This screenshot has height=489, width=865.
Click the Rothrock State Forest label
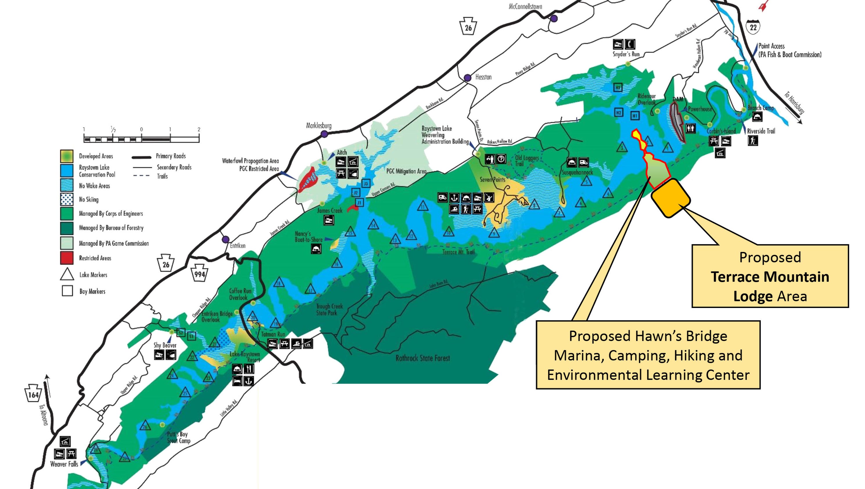pyautogui.click(x=422, y=358)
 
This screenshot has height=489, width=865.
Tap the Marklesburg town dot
pyautogui.click(x=324, y=134)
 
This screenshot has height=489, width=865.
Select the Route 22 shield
pyautogui.click(x=753, y=26)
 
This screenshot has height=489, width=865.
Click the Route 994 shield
pyautogui.click(x=200, y=274)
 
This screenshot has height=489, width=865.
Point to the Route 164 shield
pyautogui.click(x=33, y=394)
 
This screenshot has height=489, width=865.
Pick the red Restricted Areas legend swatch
pyautogui.click(x=67, y=258)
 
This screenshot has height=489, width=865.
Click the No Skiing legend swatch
pyautogui.click(x=67, y=199)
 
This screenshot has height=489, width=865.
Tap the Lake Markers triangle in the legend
pyautogui.click(x=67, y=274)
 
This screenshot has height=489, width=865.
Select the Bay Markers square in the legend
pyautogui.click(x=67, y=291)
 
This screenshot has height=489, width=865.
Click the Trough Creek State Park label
pyautogui.click(x=329, y=310)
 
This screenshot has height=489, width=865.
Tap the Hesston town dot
pyautogui.click(x=467, y=78)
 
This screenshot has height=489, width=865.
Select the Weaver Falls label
pyautogui.click(x=64, y=464)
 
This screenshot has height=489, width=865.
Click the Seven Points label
pyautogui.click(x=492, y=180)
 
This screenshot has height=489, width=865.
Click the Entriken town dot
pyautogui.click(x=226, y=239)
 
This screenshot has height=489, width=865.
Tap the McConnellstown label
pyautogui.click(x=525, y=6)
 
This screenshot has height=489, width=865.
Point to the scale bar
pyautogui.click(x=141, y=138)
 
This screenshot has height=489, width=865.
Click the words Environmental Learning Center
pyautogui.click(x=648, y=375)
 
